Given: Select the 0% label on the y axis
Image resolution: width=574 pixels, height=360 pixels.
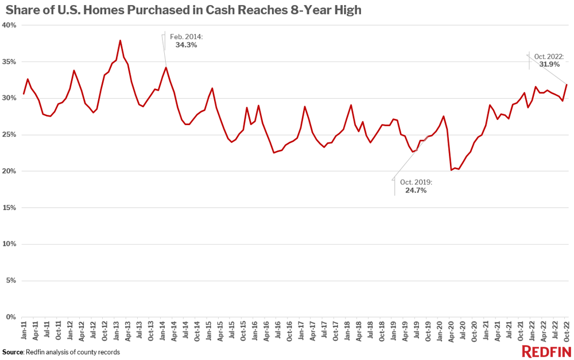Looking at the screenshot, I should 11,317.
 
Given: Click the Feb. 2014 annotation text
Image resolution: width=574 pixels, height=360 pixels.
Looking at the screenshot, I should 186,37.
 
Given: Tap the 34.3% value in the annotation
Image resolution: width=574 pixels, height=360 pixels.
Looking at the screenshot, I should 186,45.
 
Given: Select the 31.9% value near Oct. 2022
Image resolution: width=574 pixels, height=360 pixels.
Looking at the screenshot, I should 549,64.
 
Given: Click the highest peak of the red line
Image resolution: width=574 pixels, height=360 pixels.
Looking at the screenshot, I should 120,40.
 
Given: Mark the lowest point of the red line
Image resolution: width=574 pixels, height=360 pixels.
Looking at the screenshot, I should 452,170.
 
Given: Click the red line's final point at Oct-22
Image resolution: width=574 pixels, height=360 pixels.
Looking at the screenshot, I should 567,84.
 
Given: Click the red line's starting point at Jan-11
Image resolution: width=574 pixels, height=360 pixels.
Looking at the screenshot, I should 24,94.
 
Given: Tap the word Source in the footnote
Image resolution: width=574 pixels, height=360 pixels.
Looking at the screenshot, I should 12,352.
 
